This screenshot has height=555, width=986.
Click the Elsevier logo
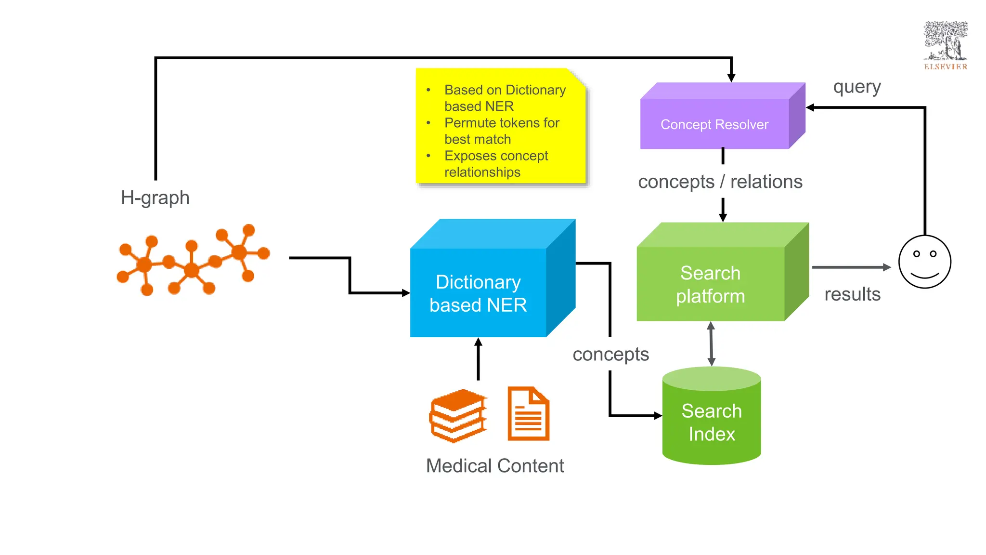pyautogui.click(x=945, y=45)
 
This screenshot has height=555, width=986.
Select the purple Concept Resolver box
pyautogui.click(x=714, y=124)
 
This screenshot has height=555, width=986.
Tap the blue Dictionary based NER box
pyautogui.click(x=478, y=293)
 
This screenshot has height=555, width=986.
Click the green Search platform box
pyautogui.click(x=711, y=284)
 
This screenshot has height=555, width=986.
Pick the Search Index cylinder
pyautogui.click(x=712, y=422)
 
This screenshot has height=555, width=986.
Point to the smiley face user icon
pyautogui.click(x=924, y=262)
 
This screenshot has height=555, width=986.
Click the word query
pyautogui.click(x=857, y=87)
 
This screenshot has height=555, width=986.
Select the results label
pyautogui.click(x=852, y=294)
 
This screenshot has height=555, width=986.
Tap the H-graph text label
pyautogui.click(x=155, y=198)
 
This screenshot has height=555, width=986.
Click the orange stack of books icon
pyautogui.click(x=458, y=415)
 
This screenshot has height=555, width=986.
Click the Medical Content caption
pyautogui.click(x=495, y=466)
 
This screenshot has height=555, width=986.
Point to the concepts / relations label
pyautogui.click(x=720, y=182)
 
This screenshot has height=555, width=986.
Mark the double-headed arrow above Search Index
pyautogui.click(x=711, y=344)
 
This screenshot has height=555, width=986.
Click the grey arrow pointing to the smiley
pyautogui.click(x=851, y=267)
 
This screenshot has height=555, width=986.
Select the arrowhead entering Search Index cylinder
pyautogui.click(x=658, y=415)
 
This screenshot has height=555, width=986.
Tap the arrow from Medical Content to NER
pyautogui.click(x=478, y=359)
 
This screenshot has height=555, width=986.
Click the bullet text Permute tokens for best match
pyautogui.click(x=501, y=131)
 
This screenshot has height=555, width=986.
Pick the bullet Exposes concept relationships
pyautogui.click(x=496, y=164)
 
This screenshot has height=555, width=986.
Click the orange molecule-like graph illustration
pyautogui.click(x=193, y=260)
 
